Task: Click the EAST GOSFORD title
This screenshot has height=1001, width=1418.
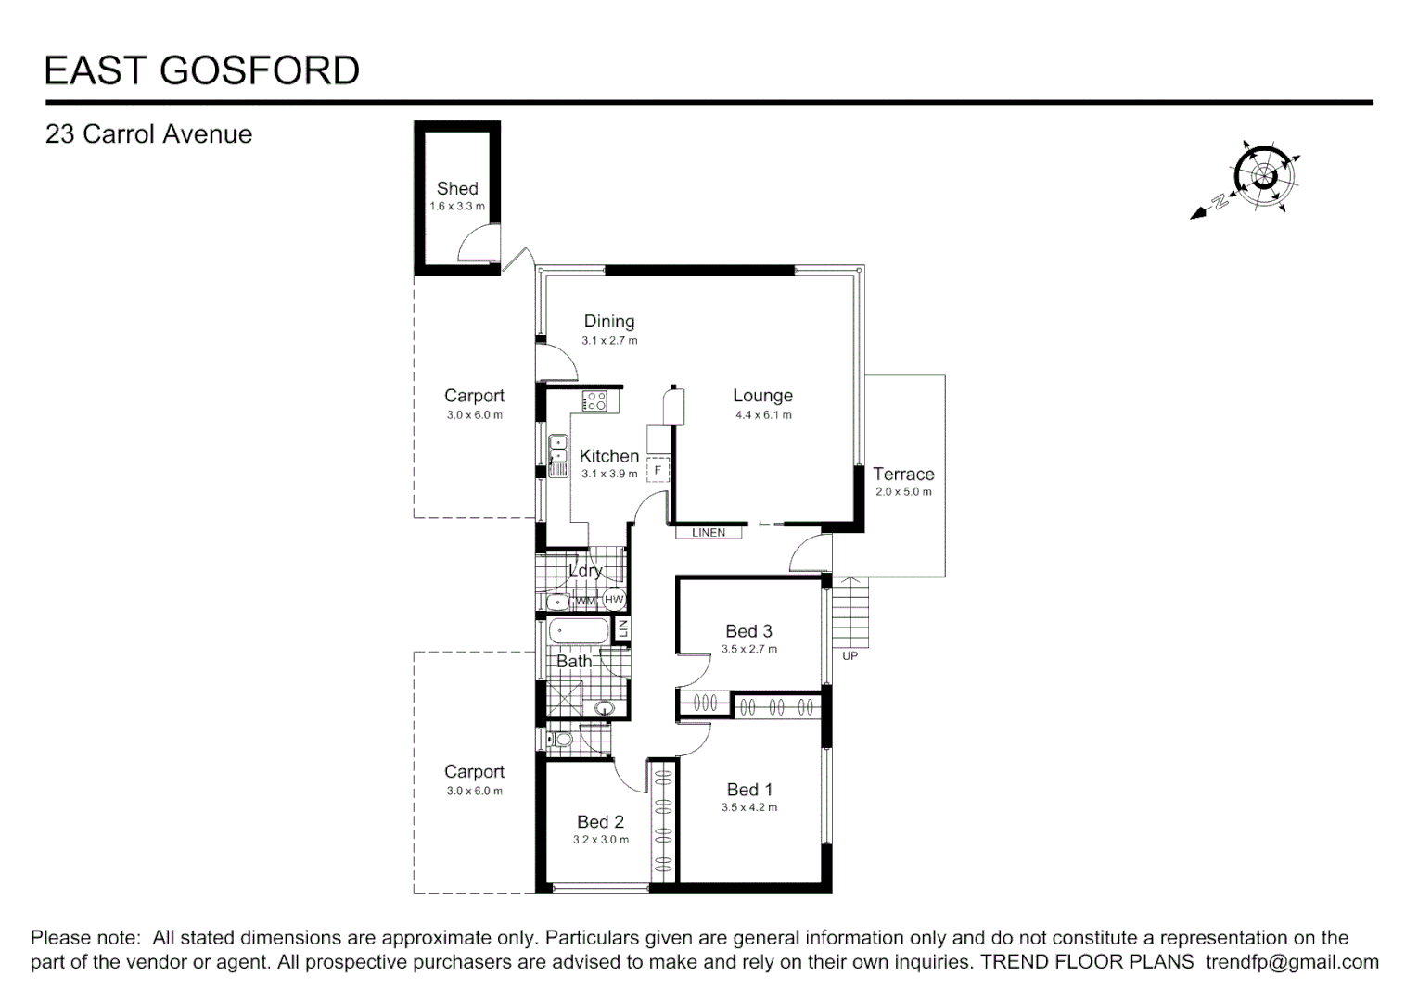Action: click(202, 71)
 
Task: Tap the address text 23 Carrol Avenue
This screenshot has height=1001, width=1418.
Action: click(148, 134)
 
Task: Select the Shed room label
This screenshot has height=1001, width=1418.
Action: click(457, 188)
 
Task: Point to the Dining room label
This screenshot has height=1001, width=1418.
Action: click(609, 322)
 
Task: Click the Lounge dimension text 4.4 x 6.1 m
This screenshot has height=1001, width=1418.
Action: click(763, 415)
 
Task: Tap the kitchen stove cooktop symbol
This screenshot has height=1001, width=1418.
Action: click(594, 401)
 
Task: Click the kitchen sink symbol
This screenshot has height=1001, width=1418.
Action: click(558, 455)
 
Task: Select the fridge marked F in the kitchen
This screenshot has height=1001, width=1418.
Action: click(658, 471)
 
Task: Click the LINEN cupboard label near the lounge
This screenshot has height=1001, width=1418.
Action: click(709, 533)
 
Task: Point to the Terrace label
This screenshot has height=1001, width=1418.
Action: click(903, 474)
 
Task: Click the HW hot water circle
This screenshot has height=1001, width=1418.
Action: click(614, 600)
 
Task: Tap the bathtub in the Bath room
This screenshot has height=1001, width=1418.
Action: click(579, 633)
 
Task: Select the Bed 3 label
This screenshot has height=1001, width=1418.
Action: click(748, 631)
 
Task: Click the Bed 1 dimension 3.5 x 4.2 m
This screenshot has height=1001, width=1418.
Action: click(749, 807)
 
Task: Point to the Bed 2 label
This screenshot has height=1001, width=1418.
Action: click(600, 822)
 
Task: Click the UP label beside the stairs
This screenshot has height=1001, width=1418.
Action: click(850, 656)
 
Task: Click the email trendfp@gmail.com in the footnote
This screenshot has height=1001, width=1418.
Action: click(1292, 962)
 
